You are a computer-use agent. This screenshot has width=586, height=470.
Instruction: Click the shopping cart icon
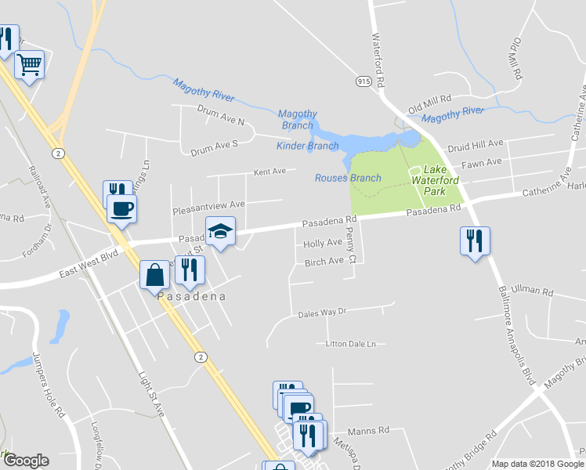(x=29, y=64)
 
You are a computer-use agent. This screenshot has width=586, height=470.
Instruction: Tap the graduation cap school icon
(x=220, y=230)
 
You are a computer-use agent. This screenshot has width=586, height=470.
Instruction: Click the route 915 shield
(x=364, y=81)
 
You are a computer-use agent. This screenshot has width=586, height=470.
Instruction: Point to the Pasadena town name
(x=192, y=297)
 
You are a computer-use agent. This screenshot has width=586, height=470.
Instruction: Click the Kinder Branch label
(x=308, y=146)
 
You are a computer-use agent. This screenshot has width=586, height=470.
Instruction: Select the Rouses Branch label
(x=348, y=178)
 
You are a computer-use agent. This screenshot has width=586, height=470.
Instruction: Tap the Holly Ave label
(x=323, y=243)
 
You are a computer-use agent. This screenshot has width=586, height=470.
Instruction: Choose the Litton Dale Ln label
(x=351, y=344)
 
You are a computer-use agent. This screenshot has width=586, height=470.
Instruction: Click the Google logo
(x=26, y=461)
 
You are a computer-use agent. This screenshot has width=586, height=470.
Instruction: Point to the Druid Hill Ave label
(x=475, y=146)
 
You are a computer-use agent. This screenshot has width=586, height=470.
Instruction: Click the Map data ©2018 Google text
(x=537, y=464)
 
